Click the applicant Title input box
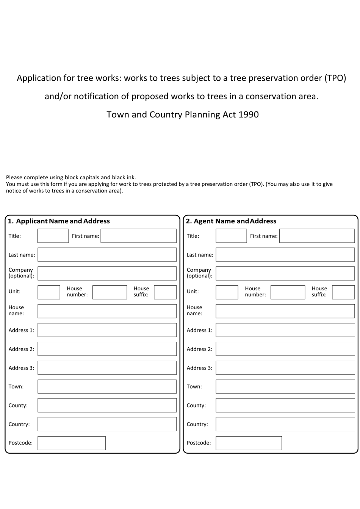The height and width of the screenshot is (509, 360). click(x=53, y=236)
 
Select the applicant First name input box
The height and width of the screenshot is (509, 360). click(x=138, y=236)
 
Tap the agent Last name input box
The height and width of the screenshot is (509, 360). click(x=285, y=255)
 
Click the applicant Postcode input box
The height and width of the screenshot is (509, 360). click(x=71, y=443)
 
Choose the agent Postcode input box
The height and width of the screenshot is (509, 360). click(x=249, y=443)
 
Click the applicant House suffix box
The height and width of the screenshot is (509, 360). click(x=165, y=292)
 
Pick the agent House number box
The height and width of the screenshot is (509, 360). click(x=287, y=292)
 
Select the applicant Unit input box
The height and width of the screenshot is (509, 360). click(x=49, y=292)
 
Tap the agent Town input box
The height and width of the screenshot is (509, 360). click(x=285, y=387)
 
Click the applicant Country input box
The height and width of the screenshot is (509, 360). click(x=107, y=424)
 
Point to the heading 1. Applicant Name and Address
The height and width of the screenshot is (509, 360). click(x=59, y=221)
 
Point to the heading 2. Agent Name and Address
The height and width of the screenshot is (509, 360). click(x=231, y=221)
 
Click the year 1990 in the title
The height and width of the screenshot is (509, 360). click(x=249, y=114)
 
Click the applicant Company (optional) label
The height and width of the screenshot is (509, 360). click(x=21, y=273)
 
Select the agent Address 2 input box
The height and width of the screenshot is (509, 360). click(x=285, y=349)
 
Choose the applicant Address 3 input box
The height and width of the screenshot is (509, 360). click(x=107, y=368)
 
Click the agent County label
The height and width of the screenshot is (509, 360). click(x=196, y=405)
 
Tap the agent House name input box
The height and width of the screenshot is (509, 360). click(x=285, y=311)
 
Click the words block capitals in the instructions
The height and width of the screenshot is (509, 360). click(x=82, y=177)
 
